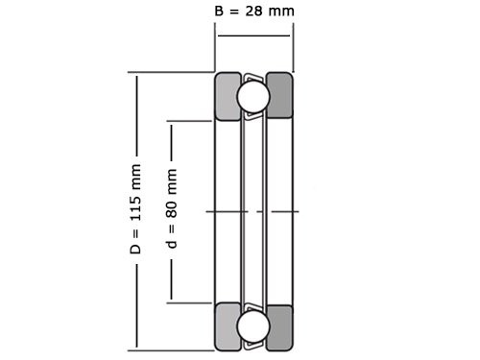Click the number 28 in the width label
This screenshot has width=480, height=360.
point(253,12)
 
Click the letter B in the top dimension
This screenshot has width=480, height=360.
point(219,12)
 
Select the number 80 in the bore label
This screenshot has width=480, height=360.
point(172,209)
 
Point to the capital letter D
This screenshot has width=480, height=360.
point(135,249)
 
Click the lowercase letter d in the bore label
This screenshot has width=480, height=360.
point(172,244)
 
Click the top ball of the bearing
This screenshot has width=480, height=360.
point(253,96)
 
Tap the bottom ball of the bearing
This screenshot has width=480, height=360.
point(253,326)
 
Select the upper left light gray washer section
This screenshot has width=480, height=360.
point(228,96)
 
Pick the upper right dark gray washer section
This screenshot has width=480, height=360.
point(279,95)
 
